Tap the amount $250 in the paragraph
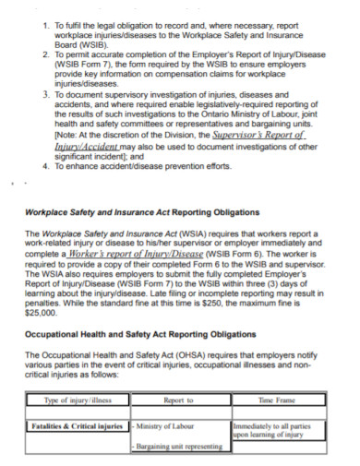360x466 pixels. pyautogui.click(x=239, y=303)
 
